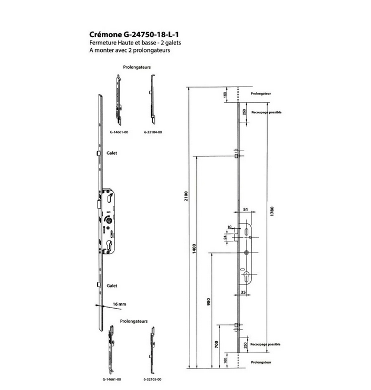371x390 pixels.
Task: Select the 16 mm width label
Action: (x=121, y=304)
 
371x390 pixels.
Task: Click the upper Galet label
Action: (x=111, y=154)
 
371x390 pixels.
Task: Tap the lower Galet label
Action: (x=111, y=286)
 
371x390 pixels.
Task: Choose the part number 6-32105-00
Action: (x=152, y=378)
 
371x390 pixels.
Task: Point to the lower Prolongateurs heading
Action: (x=133, y=320)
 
